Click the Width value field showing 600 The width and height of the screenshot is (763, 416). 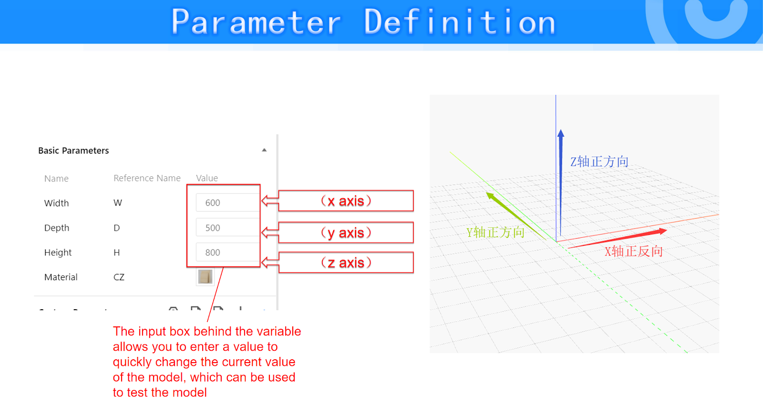pos(227,203)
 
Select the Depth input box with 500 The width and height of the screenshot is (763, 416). pos(227,227)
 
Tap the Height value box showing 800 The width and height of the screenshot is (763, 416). pos(227,252)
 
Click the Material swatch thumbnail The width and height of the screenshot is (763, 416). pos(206,277)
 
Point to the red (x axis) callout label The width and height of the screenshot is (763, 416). pos(346,201)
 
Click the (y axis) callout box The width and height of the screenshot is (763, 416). pos(346,233)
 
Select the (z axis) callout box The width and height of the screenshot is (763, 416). pos(346,263)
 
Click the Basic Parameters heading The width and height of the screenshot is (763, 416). pos(73,151)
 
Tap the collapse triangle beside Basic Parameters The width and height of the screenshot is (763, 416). pos(264,150)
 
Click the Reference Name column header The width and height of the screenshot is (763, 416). pos(147,178)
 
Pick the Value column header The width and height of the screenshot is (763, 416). pos(207,178)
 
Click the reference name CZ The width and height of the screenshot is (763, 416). pos(119,277)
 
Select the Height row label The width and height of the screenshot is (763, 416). pos(58,252)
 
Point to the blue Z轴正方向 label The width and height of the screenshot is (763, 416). pos(599,162)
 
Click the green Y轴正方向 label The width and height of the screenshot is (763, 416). pos(495,233)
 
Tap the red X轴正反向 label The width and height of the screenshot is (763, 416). pos(634,252)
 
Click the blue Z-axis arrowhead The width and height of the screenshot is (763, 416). pos(561,133)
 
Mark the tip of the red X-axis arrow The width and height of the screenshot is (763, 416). pos(667,231)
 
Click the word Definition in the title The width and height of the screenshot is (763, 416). pos(460,22)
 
